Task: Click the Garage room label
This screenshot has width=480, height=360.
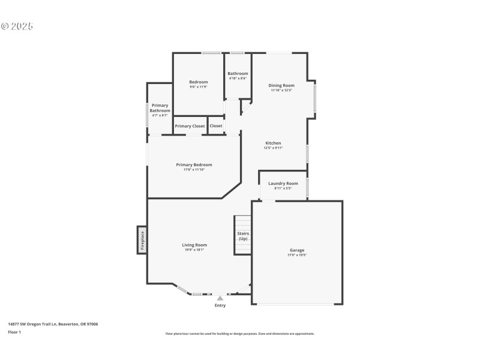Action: [x=297, y=250]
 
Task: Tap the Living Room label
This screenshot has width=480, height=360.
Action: [x=194, y=245]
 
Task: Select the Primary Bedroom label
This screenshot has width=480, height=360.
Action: [x=194, y=165]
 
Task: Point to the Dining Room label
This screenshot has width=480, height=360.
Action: [x=281, y=85]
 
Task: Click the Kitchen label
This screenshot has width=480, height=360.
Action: [x=273, y=143]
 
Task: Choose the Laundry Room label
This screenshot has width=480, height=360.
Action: [x=283, y=183]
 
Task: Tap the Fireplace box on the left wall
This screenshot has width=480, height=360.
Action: [x=142, y=240]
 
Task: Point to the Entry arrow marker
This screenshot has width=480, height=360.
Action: [x=220, y=298]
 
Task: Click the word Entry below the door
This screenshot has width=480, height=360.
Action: [x=220, y=306]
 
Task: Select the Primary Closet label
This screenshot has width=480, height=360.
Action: [x=190, y=126]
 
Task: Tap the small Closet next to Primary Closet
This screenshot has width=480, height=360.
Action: [x=216, y=126]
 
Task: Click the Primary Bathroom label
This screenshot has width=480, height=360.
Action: [x=160, y=108]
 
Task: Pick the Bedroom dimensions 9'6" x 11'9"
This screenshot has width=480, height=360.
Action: [x=198, y=88]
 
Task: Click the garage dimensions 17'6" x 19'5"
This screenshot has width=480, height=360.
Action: [x=297, y=255]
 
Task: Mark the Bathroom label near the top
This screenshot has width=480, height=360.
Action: [x=238, y=73]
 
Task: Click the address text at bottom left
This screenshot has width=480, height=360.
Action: [x=53, y=324]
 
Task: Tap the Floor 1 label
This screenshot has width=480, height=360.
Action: [x=14, y=332]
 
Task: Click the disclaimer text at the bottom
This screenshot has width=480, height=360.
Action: [x=240, y=334]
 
